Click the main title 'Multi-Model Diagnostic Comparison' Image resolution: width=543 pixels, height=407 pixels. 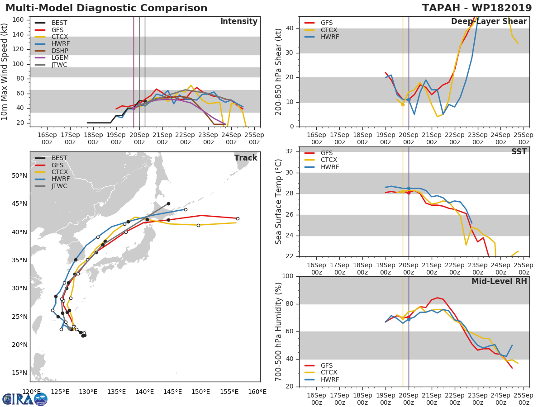[106, 8]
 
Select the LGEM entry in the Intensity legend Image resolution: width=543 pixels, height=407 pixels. [59, 58]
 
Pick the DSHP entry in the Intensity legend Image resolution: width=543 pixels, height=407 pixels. [59, 51]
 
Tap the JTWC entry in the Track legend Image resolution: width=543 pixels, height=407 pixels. [59, 186]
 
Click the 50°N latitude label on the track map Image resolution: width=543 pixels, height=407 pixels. [19, 176]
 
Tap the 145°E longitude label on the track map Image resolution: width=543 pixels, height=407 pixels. [173, 392]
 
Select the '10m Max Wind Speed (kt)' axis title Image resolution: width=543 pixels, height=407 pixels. [5, 71]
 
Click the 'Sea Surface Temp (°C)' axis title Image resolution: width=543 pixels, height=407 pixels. [279, 202]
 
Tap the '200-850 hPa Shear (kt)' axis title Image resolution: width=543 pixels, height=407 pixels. [279, 71]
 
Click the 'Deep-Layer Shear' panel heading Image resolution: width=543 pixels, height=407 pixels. [489, 22]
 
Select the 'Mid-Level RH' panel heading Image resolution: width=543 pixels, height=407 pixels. [499, 281]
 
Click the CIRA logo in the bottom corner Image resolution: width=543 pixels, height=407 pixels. [24, 399]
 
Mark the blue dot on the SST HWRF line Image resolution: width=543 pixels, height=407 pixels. [409, 188]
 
